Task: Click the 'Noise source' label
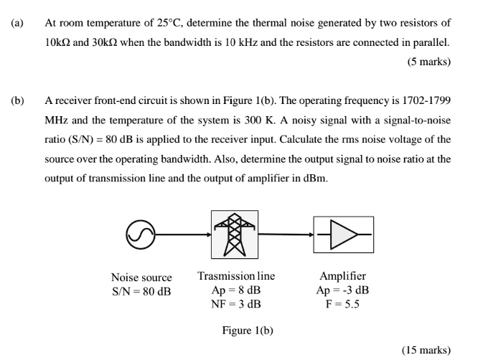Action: tap(141, 278)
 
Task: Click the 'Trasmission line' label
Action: tap(236, 276)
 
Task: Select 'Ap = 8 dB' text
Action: tap(236, 290)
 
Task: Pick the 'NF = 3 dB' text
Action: tap(236, 303)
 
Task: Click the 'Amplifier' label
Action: tap(342, 276)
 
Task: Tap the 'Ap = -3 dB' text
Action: tap(342, 290)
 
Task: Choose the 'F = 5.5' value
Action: tap(342, 303)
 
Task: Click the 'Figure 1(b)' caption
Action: tap(247, 331)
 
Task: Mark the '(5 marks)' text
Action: tap(428, 62)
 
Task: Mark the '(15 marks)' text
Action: tap(426, 350)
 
